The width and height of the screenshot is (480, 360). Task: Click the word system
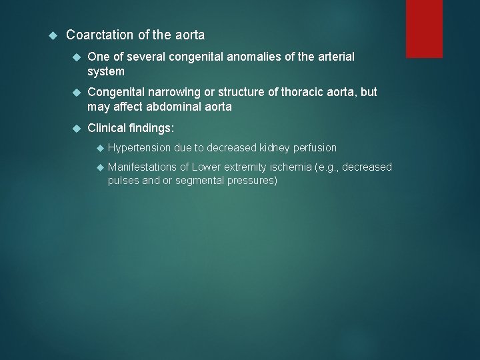click(x=106, y=71)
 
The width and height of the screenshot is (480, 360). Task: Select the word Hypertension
click(x=139, y=147)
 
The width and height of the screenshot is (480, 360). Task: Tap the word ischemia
click(x=291, y=167)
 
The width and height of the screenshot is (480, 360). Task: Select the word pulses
click(x=124, y=181)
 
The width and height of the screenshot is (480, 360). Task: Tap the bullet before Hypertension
click(x=98, y=147)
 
